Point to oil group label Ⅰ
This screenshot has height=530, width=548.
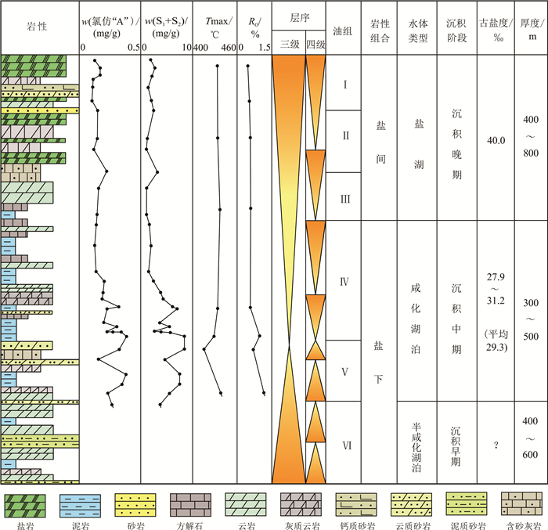pyautogui.click(x=344, y=84)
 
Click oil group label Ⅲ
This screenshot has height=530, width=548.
pyautogui.click(x=344, y=198)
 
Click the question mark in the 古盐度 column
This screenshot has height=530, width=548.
pyautogui.click(x=496, y=445)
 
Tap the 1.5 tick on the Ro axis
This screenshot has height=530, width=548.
pyautogui.click(x=264, y=48)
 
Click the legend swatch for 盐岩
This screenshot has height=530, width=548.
pyautogui.click(x=26, y=500)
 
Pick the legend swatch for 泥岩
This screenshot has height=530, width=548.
pyautogui.click(x=81, y=500)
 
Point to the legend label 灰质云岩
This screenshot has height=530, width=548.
pyautogui.click(x=301, y=520)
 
